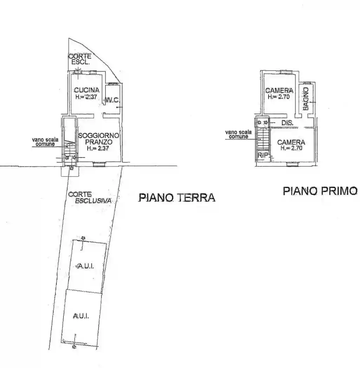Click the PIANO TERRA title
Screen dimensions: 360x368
(x=177, y=198)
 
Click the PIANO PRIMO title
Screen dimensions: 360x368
(x=320, y=191)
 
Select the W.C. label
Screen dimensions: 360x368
(x=113, y=101)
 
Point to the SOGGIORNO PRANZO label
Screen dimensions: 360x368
(x=99, y=139)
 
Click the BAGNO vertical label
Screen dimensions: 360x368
(x=306, y=99)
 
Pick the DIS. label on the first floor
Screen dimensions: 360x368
(x=287, y=123)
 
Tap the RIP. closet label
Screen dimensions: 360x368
(x=263, y=155)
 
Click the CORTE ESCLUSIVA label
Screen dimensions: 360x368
(x=90, y=197)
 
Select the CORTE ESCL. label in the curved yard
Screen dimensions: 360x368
(x=80, y=59)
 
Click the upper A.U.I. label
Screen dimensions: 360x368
(x=85, y=266)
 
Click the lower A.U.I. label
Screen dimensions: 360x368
(x=81, y=316)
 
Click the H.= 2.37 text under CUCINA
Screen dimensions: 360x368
(x=86, y=97)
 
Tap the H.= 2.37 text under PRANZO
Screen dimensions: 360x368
(x=98, y=148)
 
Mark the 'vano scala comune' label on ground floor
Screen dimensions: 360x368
(x=45, y=142)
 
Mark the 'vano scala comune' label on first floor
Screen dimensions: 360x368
(x=238, y=135)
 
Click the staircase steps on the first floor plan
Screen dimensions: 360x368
(x=263, y=139)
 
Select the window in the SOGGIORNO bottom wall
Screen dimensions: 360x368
(x=99, y=164)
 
